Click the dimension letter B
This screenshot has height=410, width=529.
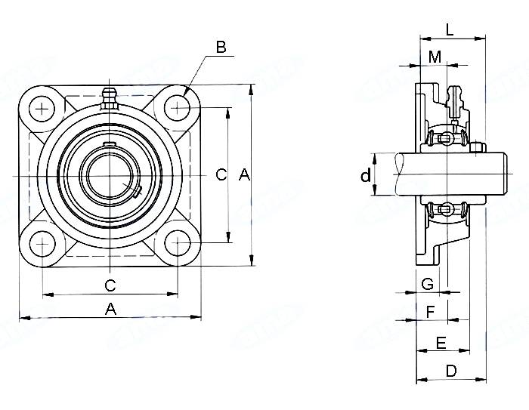221,47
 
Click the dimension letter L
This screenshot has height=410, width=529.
450,30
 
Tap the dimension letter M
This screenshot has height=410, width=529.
435,57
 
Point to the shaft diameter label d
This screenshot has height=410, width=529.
366,176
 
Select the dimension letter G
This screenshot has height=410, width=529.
428,284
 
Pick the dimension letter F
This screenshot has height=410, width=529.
431,311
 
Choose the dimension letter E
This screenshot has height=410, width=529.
441,344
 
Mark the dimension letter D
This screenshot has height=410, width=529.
450,371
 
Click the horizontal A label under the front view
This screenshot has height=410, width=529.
110,308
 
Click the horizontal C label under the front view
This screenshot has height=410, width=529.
110,285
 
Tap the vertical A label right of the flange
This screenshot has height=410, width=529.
244,175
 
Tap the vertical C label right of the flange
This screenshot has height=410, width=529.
221,175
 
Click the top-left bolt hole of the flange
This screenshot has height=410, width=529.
42,109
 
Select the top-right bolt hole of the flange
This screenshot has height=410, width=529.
179,109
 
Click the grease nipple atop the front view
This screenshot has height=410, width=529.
110,98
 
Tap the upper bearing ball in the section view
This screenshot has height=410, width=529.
446,139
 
